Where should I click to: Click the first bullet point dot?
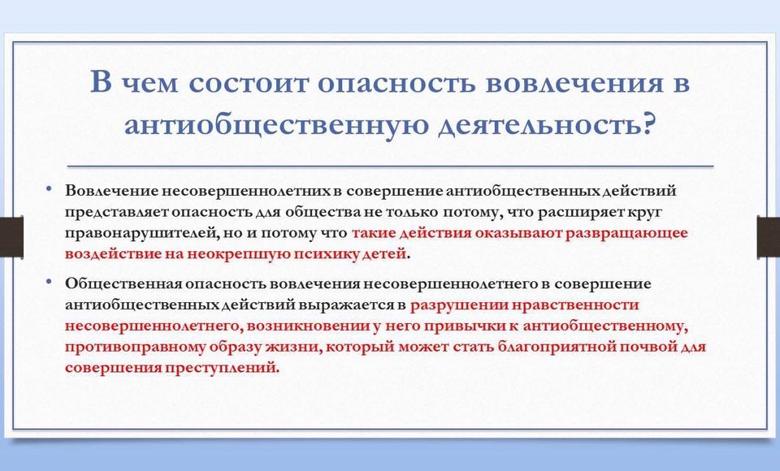tap(48, 188)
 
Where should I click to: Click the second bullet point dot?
tap(48, 282)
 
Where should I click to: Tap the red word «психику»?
tap(331, 254)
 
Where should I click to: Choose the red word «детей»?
tap(388, 254)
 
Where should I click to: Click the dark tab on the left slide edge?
tap(11, 237)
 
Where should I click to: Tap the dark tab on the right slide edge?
tap(768, 237)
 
